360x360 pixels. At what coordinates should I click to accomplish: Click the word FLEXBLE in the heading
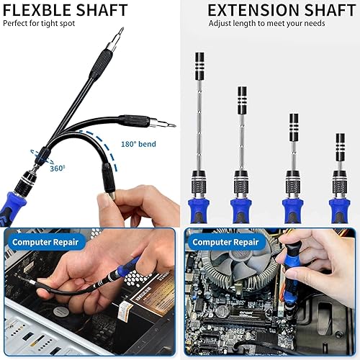35,10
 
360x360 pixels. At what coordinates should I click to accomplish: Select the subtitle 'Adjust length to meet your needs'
266,23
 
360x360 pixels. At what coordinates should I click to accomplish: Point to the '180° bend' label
138,144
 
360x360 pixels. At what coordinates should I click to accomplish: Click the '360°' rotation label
58,168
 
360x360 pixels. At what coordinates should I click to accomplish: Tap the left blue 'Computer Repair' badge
45,242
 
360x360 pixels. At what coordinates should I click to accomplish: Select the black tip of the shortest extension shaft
338,139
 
